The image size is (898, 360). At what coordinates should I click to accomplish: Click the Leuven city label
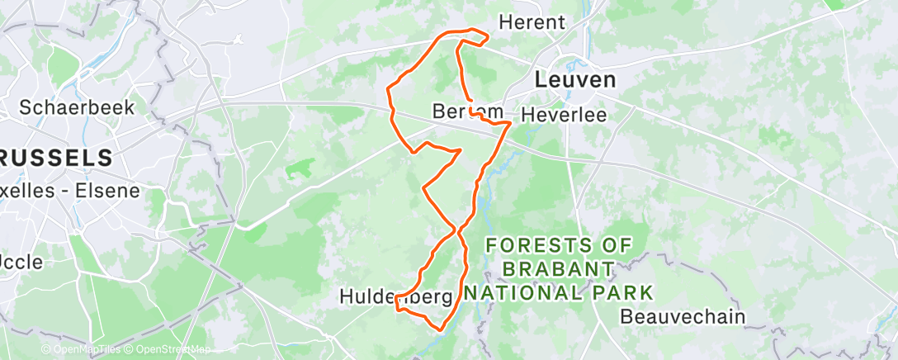(575, 80)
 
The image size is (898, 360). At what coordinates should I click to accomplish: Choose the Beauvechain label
(682, 316)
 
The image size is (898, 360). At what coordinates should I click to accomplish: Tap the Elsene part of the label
(106, 191)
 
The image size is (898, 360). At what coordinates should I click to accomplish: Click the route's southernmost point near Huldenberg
(441, 329)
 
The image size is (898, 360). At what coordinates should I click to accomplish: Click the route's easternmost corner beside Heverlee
(511, 122)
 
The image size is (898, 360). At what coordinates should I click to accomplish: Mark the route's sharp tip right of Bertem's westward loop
(460, 150)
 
